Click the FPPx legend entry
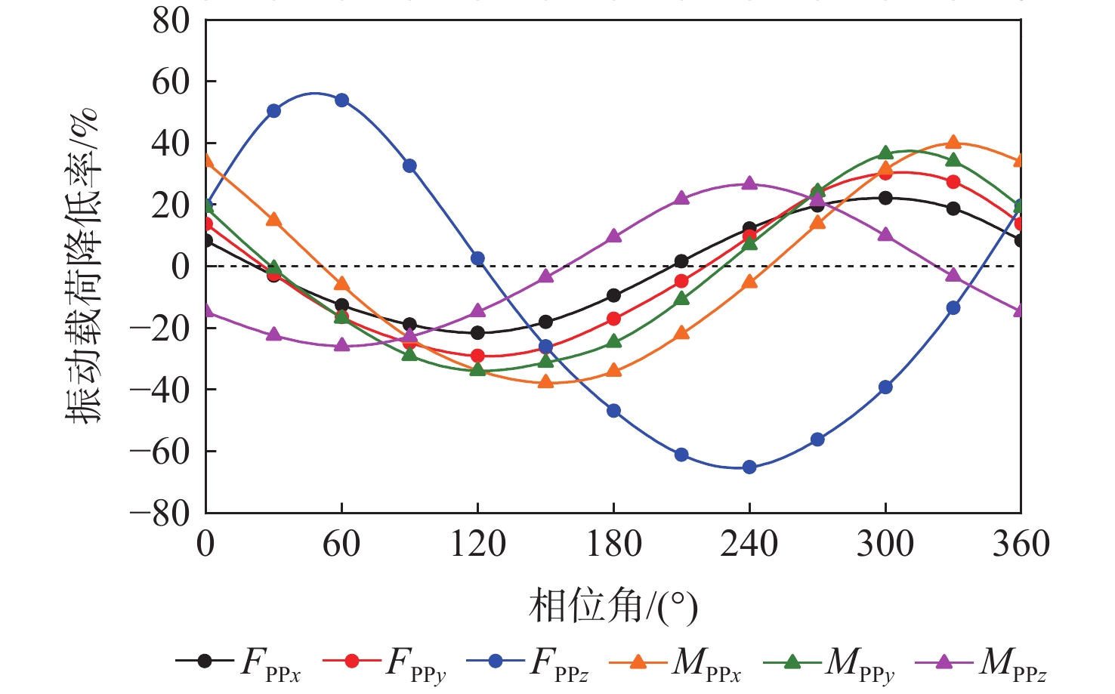[x=239, y=662]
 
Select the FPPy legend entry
[x=385, y=662]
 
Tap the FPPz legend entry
[x=528, y=662]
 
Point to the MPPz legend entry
[x=981, y=662]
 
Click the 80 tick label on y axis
[x=171, y=20]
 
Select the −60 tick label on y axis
[x=160, y=452]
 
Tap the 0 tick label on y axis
[x=181, y=267]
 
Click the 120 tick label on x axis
[x=477, y=544]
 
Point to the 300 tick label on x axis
[x=885, y=544]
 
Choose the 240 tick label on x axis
[x=749, y=544]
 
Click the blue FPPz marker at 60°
[x=341, y=100]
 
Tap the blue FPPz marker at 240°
[x=749, y=467]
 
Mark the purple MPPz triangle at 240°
[x=749, y=184]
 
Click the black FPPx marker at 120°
[x=477, y=332]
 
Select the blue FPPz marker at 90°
[x=409, y=166]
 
